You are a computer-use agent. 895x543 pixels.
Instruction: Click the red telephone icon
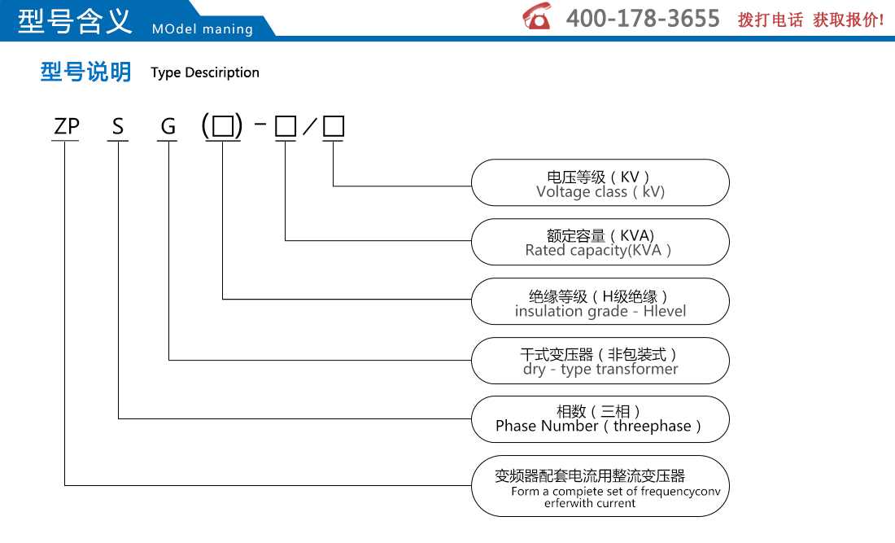click(x=536, y=16)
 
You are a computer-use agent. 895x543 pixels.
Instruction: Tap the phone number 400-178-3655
click(x=643, y=18)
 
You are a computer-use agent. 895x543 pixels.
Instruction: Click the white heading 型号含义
click(x=75, y=20)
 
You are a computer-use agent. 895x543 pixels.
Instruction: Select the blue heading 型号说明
click(x=85, y=72)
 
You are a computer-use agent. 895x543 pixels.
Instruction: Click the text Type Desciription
click(x=205, y=72)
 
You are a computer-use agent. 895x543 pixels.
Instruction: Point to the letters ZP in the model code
click(x=66, y=126)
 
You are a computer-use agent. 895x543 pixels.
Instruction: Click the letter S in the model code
click(x=118, y=126)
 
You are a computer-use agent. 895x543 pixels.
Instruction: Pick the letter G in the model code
click(x=168, y=126)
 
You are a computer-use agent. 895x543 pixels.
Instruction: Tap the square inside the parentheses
click(x=223, y=126)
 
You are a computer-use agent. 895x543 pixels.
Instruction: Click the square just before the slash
click(x=286, y=126)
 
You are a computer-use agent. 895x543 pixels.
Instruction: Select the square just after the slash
click(x=334, y=126)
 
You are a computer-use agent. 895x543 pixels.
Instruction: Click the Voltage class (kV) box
click(x=600, y=182)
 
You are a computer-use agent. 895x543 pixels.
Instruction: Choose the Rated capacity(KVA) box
click(x=600, y=242)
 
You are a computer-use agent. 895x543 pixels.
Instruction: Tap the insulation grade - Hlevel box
click(x=600, y=301)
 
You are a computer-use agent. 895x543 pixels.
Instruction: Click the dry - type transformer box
click(x=600, y=361)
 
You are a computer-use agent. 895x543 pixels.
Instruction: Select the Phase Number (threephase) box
click(x=600, y=419)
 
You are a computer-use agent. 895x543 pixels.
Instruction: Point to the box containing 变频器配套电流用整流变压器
click(x=600, y=486)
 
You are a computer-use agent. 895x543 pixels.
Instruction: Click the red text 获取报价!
click(x=849, y=20)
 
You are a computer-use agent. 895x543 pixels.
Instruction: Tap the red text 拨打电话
click(x=770, y=20)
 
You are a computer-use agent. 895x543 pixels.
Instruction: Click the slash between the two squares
click(x=309, y=126)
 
